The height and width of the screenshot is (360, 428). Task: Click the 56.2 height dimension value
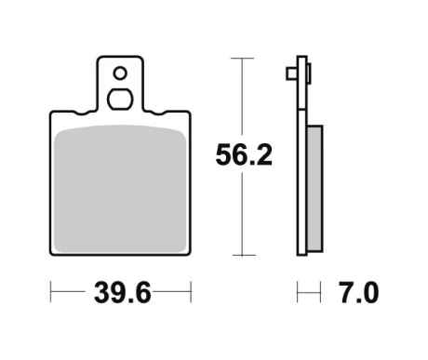coord(244,154)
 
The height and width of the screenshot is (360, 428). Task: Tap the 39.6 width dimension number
coord(123,292)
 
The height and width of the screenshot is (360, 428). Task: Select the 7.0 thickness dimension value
coord(358,292)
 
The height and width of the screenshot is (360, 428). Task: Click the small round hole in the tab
coord(120,73)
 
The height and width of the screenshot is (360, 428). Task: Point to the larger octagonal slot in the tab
coord(120,100)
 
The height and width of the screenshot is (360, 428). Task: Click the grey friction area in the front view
coord(120,189)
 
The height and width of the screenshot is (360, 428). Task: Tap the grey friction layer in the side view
coord(314,189)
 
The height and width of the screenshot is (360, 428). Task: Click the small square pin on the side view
coord(291,73)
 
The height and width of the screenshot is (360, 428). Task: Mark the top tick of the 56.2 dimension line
coord(242,58)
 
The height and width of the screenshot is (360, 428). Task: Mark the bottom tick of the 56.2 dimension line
coord(244,255)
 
